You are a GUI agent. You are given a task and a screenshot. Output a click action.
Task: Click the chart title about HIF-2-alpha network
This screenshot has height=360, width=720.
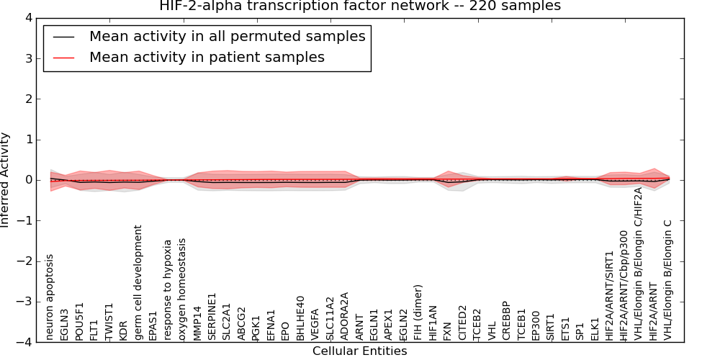click(359, 6)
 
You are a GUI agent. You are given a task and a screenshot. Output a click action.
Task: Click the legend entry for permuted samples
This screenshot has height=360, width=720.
click(227, 36)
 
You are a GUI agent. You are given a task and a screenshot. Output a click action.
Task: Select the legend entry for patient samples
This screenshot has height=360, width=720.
click(207, 57)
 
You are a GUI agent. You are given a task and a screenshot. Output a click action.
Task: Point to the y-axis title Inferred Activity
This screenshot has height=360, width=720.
click(6, 180)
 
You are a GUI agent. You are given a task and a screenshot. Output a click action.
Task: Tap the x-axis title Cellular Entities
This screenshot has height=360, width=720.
click(359, 351)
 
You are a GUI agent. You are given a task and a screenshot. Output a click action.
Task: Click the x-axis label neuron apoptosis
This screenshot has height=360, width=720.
click(50, 296)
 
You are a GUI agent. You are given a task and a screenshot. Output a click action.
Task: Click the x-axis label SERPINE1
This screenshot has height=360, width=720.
click(212, 316)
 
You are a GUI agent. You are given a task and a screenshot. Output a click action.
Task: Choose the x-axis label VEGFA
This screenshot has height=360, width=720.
click(315, 323)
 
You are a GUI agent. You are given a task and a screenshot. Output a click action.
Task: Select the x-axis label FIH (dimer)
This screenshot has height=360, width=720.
click(418, 312)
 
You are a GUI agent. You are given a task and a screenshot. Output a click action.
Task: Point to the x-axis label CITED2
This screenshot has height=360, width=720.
click(462, 322)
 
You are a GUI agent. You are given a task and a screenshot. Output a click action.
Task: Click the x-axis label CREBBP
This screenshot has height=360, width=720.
click(506, 320)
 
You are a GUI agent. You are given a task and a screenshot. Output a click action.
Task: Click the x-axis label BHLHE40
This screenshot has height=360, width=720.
click(300, 318)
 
